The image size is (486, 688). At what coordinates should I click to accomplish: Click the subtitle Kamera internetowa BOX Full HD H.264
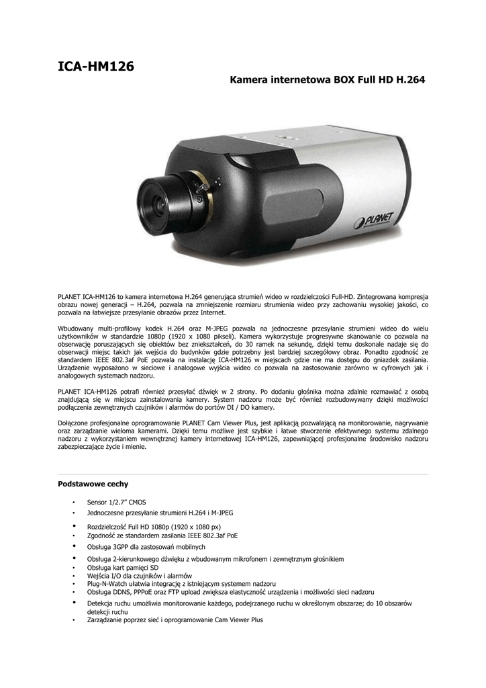(x=328, y=80)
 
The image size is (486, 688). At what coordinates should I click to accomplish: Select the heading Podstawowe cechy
(x=93, y=484)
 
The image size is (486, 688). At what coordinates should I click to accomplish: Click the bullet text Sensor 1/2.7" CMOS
(x=116, y=502)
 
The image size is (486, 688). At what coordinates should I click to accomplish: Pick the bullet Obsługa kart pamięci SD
(x=123, y=568)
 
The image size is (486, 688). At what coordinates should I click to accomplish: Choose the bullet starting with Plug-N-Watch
(x=181, y=584)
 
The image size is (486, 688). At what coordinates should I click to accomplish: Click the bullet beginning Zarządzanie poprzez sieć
(x=175, y=620)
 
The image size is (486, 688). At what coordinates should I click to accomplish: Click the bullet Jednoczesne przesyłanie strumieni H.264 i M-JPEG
(x=160, y=512)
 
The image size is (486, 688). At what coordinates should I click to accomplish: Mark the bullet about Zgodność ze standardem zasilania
(x=162, y=535)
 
